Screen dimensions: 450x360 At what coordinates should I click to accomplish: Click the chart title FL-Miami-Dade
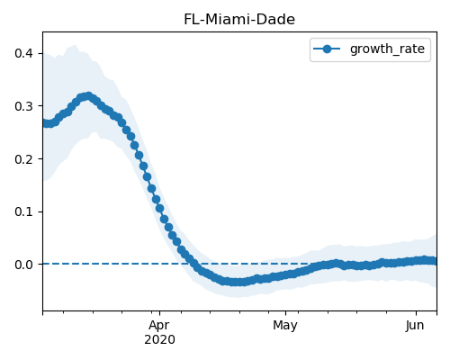[x=239, y=20]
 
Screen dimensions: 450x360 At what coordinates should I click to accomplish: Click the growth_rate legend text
[x=387, y=49]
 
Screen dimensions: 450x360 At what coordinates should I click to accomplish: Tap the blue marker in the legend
[x=327, y=49]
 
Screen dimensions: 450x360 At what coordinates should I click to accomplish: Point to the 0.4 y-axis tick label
[x=23, y=53]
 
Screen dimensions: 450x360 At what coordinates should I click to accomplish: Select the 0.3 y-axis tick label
[x=23, y=106]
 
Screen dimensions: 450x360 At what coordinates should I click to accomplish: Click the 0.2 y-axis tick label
[x=23, y=159]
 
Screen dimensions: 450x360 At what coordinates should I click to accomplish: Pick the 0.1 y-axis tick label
[x=23, y=211]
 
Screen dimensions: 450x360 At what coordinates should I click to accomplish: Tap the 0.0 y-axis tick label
[x=23, y=265]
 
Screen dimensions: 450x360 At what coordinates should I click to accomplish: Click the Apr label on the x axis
[x=159, y=326]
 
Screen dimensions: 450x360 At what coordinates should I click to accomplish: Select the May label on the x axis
[x=285, y=326]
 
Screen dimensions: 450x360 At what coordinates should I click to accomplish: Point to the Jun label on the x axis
[x=415, y=326]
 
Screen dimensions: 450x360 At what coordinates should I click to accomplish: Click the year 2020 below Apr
[x=159, y=340]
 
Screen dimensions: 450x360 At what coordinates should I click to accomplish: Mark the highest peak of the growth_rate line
[x=88, y=96]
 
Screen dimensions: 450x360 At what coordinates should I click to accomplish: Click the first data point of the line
[x=43, y=122]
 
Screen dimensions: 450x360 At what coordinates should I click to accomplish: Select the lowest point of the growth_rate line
[x=237, y=282]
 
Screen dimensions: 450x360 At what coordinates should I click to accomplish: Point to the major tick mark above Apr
[x=159, y=313]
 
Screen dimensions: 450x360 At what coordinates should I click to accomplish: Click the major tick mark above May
[x=285, y=313]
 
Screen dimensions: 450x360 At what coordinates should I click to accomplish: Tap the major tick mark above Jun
[x=416, y=313]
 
